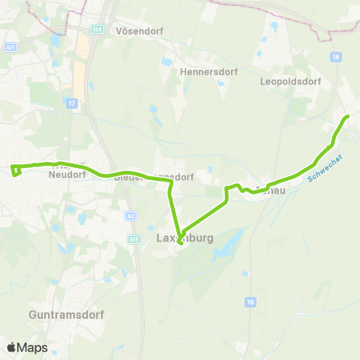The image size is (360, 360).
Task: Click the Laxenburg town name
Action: (x=185, y=238)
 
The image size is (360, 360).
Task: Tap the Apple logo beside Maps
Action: (x=12, y=347)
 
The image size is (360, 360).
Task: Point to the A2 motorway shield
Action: (x=133, y=216)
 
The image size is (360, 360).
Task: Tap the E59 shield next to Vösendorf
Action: (x=97, y=28)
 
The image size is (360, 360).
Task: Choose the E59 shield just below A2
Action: (x=134, y=238)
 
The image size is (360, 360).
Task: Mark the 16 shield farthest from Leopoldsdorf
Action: (x=249, y=301)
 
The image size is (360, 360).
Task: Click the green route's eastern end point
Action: (x=346, y=117)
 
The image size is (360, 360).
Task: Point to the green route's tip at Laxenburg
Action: (x=180, y=242)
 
